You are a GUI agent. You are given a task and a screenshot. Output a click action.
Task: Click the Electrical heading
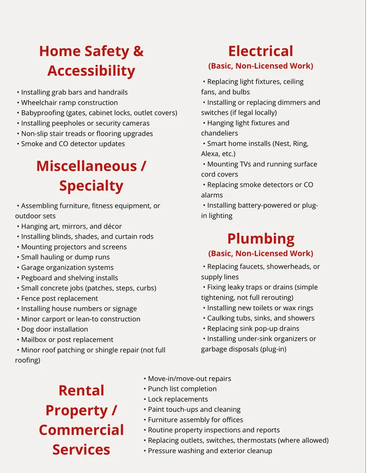click(260, 51)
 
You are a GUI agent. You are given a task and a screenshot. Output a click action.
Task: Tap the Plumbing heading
click(260, 238)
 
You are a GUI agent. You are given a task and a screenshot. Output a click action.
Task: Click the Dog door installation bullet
click(54, 329)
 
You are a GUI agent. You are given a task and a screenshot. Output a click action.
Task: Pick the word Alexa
click(211, 154)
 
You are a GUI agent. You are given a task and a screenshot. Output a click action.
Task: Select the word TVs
click(249, 164)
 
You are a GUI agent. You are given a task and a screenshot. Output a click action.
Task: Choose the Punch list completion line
click(182, 389)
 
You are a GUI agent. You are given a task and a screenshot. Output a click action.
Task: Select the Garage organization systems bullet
click(67, 268)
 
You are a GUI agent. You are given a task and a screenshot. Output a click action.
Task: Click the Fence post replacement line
click(60, 298)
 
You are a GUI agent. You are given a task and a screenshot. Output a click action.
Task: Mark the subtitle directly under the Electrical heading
click(260, 66)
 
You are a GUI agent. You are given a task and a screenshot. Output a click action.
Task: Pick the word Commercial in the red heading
click(81, 430)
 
